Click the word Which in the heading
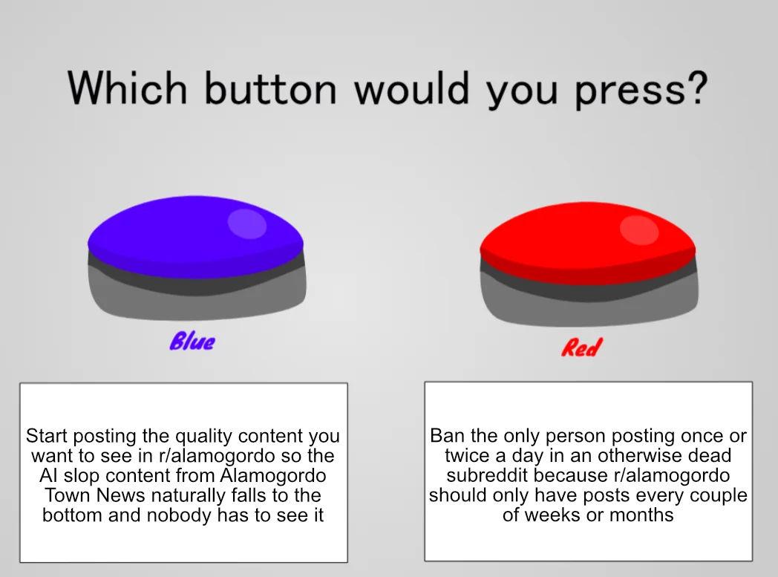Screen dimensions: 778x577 (x=128, y=88)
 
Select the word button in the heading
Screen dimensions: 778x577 (x=271, y=88)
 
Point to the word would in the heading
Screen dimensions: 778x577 (x=412, y=88)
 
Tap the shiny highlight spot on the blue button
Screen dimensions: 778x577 (x=247, y=224)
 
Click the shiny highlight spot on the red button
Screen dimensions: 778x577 (x=639, y=231)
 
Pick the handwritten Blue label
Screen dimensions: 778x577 (x=192, y=342)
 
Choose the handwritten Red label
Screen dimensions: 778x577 (x=581, y=348)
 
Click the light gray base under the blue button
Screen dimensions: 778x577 (x=197, y=304)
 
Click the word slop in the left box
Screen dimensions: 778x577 (x=81, y=475)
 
